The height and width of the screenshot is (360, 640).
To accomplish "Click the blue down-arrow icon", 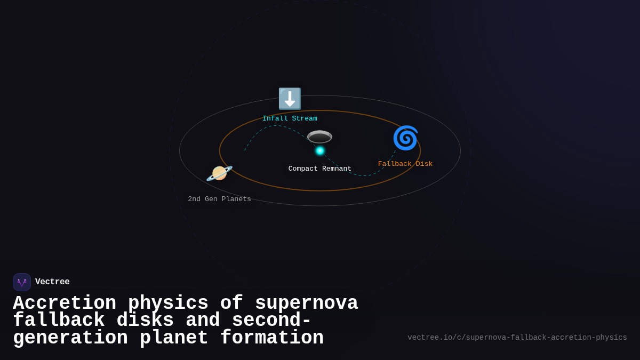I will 290,99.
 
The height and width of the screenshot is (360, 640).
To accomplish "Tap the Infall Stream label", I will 290,118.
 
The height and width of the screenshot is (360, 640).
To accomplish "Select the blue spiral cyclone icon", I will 405,138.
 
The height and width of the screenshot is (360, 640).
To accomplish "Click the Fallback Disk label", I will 405,164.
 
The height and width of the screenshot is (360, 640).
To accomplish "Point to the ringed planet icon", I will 219,173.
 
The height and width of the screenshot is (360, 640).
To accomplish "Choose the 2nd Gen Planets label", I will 219,199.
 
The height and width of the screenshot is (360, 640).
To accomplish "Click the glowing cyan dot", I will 320,151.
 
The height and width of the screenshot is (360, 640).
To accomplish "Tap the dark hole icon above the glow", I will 319,137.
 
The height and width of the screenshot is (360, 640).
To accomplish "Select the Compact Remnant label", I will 320,169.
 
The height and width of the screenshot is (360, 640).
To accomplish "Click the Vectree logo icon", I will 22,282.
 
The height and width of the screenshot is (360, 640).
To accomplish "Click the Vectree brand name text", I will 52,282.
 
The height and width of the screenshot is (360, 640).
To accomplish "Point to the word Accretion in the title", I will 65,303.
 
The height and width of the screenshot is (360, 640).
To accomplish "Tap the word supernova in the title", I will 307,303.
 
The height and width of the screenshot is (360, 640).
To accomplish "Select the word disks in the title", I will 145,321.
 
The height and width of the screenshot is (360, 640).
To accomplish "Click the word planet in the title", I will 174,338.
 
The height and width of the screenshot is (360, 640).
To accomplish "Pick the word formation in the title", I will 272,338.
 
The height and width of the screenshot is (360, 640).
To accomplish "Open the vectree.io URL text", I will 517,338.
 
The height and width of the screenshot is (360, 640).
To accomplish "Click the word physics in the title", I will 168,303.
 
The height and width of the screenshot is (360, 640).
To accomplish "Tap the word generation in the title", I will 70,338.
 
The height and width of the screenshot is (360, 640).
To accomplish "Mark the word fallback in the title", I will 59,321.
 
